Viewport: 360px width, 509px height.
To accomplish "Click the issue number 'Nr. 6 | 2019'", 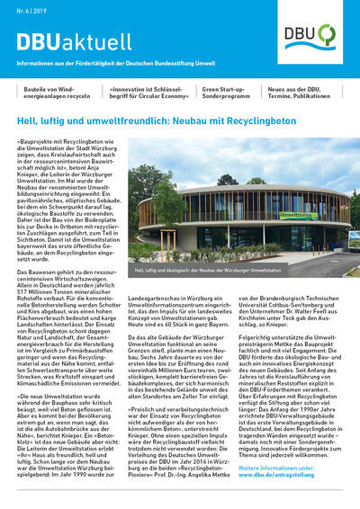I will [x=32, y=9].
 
